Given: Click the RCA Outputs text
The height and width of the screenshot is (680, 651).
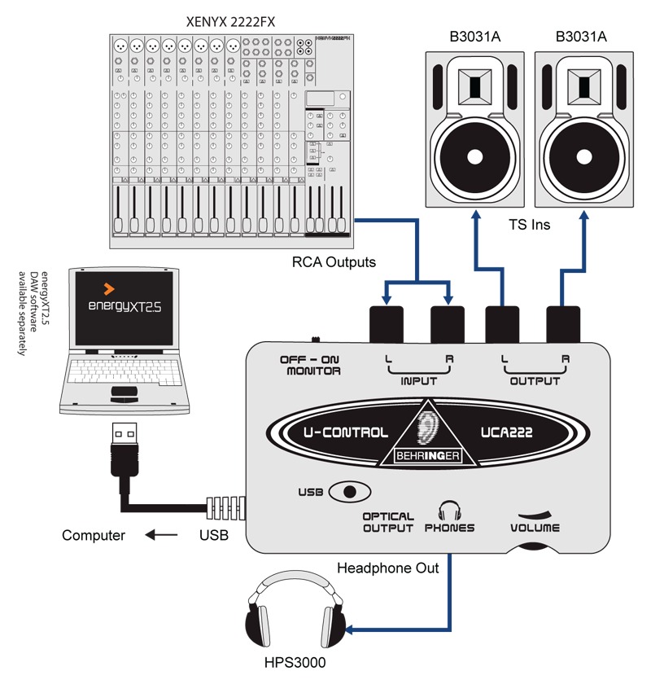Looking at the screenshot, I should pyautogui.click(x=333, y=262).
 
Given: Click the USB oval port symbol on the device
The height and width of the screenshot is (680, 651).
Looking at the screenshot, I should pyautogui.click(x=350, y=492).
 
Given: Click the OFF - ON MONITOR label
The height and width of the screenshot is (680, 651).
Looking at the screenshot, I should pyautogui.click(x=310, y=365).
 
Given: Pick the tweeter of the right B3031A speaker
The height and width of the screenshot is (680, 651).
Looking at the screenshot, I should pyautogui.click(x=584, y=86).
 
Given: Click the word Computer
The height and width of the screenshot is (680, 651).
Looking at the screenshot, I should pyautogui.click(x=94, y=536).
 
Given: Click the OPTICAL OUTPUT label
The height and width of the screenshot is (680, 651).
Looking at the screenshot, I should pyautogui.click(x=388, y=522).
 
